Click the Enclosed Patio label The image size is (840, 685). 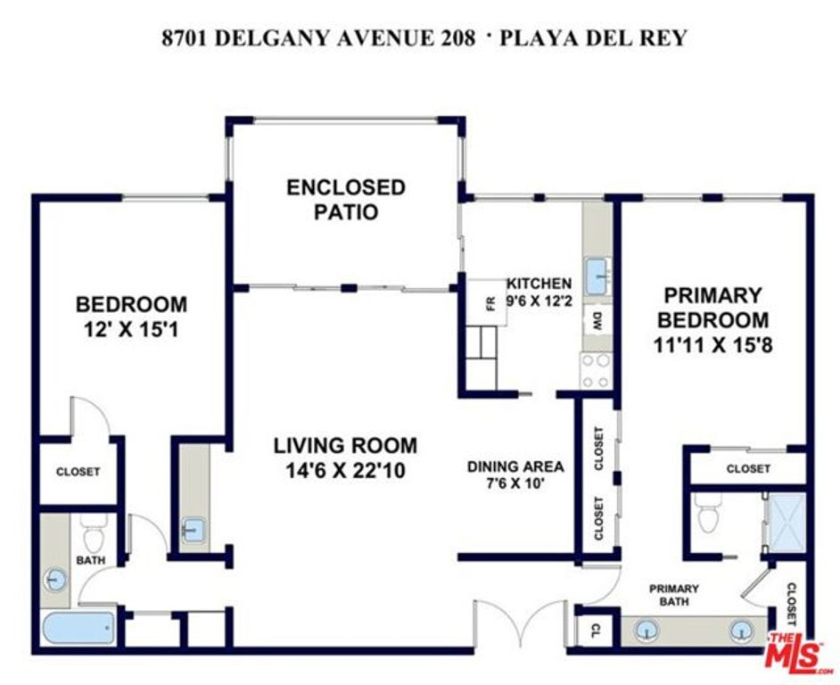345,200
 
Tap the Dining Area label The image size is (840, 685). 516,466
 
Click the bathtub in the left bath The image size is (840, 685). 79,628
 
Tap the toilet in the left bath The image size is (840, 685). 93,534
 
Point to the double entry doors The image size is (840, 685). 521,623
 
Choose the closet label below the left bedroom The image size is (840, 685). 78,472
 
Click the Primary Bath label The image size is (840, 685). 673,595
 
